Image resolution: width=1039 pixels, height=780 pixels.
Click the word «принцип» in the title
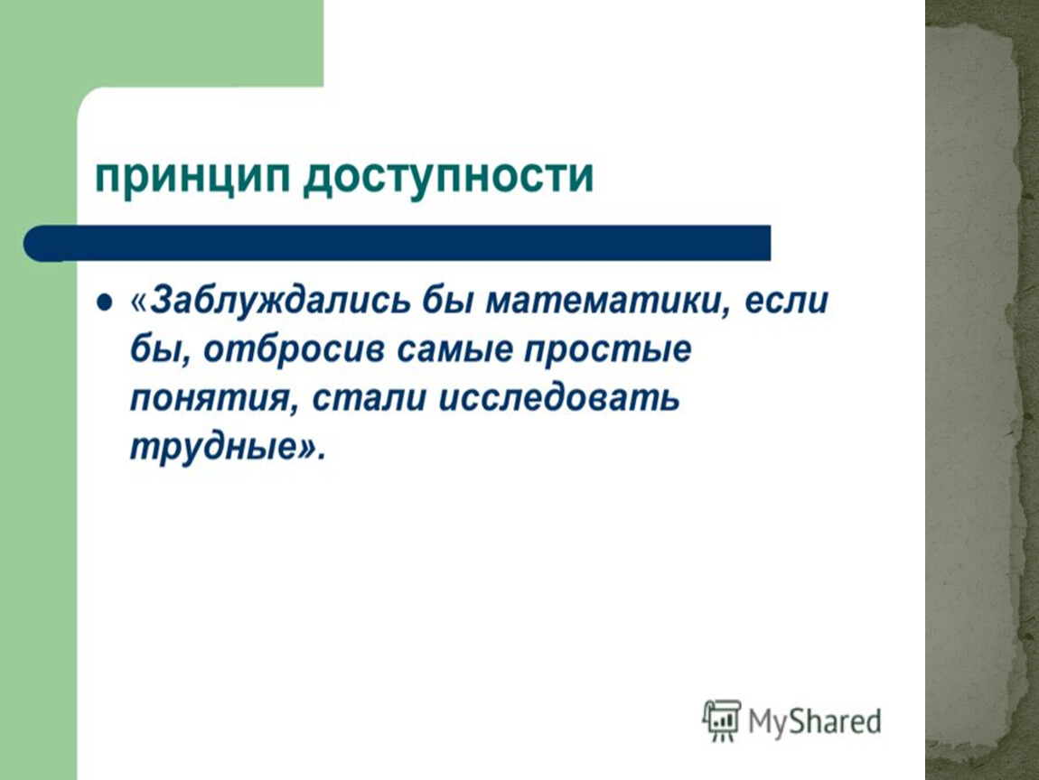coord(192,176)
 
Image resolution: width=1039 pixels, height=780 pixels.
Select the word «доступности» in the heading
coord(449,176)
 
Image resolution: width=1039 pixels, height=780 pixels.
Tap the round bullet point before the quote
coord(105,302)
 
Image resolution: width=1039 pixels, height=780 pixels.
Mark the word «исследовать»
coord(559,398)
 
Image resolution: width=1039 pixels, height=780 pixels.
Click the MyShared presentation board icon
coord(722,720)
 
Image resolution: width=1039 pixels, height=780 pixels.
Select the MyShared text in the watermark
coord(814,721)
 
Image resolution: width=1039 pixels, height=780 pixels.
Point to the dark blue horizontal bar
coord(397,243)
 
